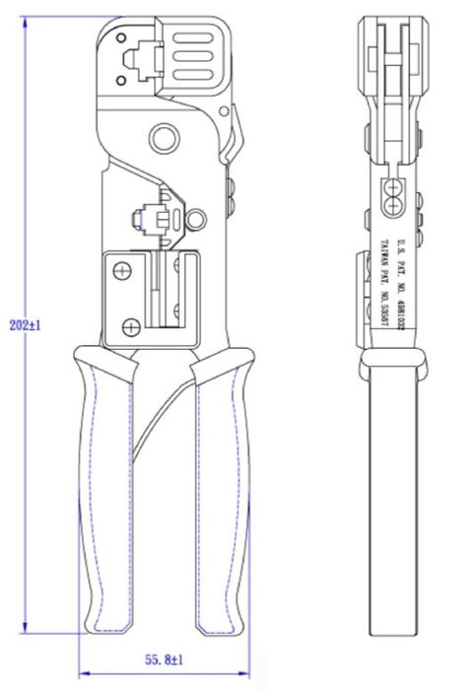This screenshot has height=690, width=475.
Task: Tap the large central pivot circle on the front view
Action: point(161,134)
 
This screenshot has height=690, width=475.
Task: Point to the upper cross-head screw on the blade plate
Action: point(122,269)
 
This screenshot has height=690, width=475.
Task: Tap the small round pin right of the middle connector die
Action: point(198,219)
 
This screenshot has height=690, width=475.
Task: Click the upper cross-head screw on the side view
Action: point(396,186)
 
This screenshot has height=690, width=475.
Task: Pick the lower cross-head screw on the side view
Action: point(396,205)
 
